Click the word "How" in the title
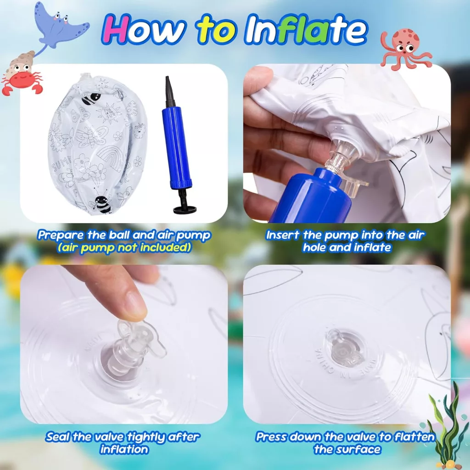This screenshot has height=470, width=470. [x=143, y=29]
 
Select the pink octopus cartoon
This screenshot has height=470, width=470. [x=405, y=48]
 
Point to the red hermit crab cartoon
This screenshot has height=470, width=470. [x=22, y=74]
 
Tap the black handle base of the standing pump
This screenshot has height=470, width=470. [x=185, y=209]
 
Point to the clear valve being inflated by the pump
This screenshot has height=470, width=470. [x=345, y=157]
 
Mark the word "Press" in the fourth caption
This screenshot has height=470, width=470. [x=272, y=436]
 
